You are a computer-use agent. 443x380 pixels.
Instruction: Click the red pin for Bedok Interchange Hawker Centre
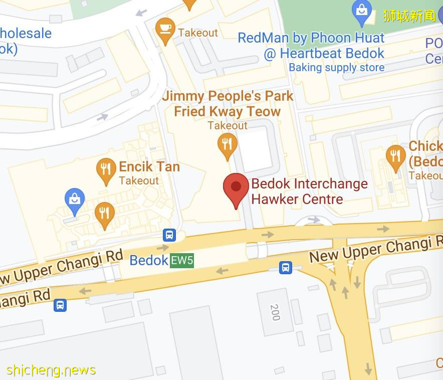[x=236, y=188]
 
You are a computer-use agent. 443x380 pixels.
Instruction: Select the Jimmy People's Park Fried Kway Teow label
[x=228, y=103]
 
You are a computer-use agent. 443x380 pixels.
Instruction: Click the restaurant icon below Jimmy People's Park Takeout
[x=228, y=145]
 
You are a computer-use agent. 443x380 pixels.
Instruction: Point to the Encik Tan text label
[x=149, y=166]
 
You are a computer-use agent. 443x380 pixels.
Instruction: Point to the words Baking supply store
[x=336, y=68]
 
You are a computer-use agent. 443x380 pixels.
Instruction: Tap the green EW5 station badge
[x=182, y=261]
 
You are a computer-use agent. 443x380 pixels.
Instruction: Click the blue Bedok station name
[x=149, y=261]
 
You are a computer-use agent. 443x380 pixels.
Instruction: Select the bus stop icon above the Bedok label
[x=169, y=235]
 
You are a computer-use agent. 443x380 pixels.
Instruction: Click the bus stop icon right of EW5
[x=286, y=267]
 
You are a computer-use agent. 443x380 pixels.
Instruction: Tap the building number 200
[x=274, y=312]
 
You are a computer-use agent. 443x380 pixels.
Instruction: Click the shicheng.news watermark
[x=51, y=370]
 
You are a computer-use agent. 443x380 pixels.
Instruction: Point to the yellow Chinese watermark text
[x=409, y=16]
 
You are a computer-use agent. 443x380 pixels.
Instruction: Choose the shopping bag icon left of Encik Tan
[x=75, y=199]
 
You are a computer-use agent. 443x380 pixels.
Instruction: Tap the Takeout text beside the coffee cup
[x=198, y=33]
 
